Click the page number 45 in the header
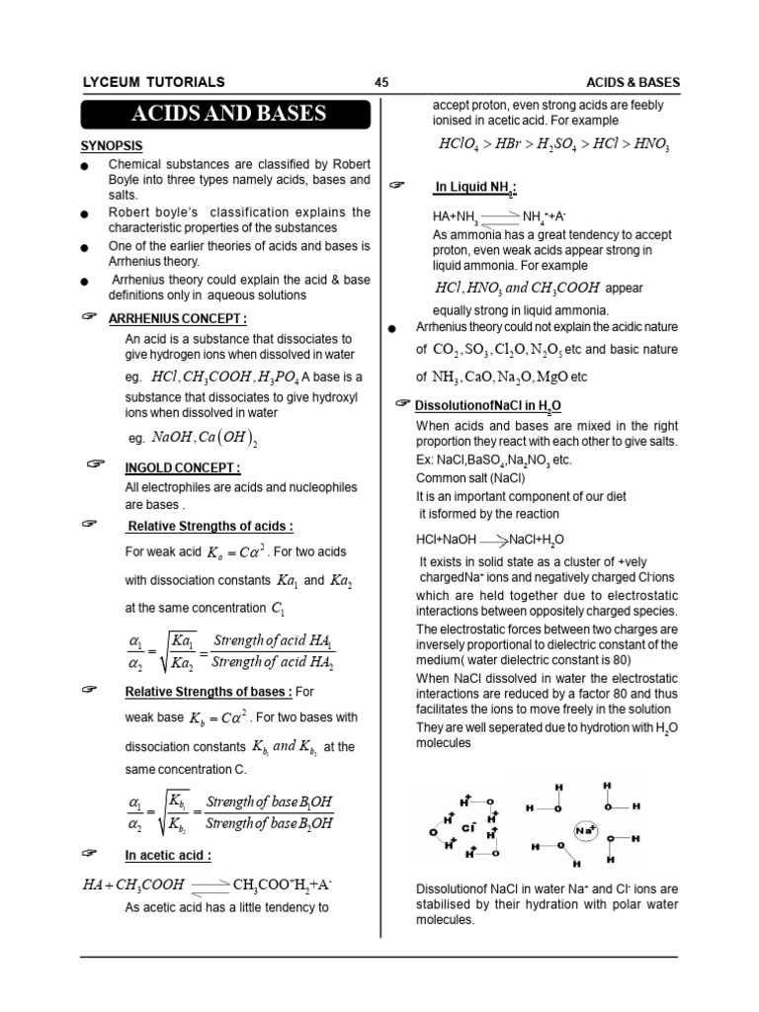coord(381,82)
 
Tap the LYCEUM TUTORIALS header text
coord(152,82)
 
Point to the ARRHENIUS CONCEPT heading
coord(177,318)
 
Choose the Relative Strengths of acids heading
coord(209,526)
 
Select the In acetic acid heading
coord(168,855)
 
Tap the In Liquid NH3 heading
coord(476,188)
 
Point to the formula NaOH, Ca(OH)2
coord(205,437)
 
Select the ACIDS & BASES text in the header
coord(632,82)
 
